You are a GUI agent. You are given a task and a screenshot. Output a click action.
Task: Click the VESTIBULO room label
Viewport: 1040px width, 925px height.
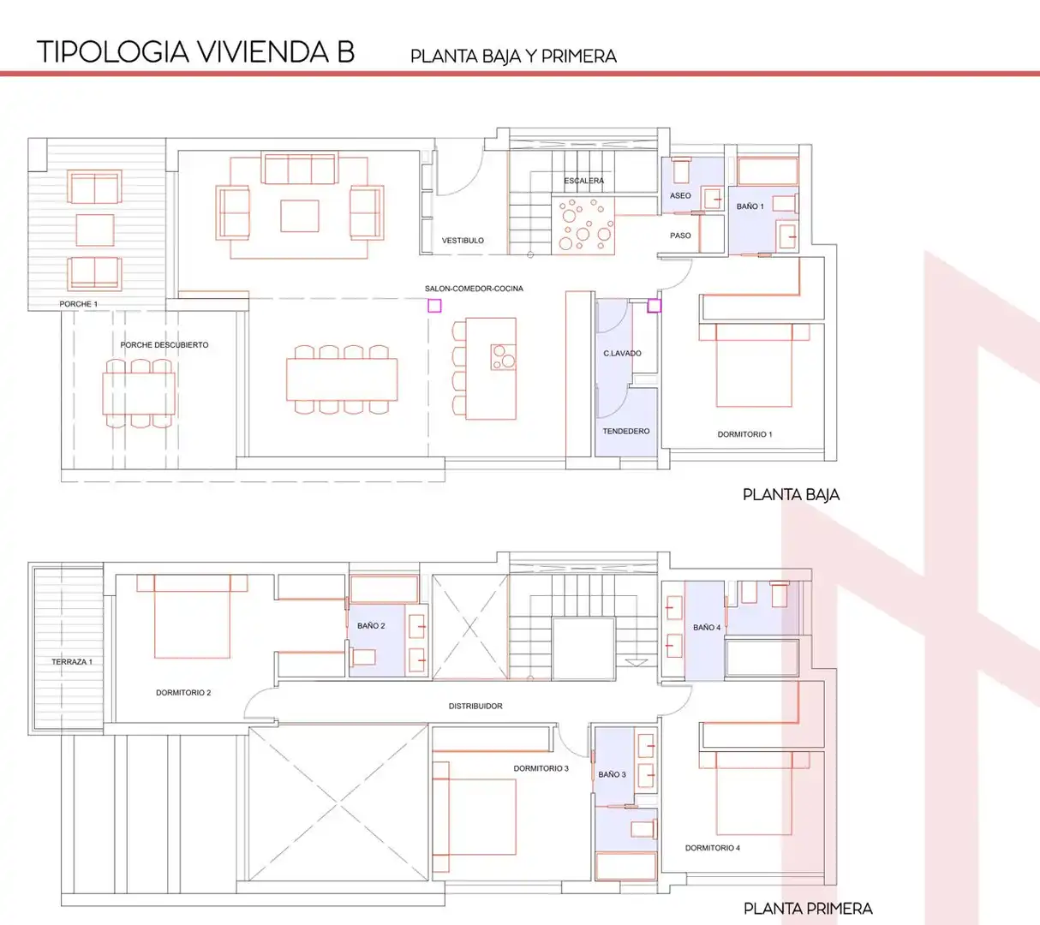[x=463, y=240]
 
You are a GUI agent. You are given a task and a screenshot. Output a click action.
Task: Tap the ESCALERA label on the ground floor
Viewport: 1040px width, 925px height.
[x=583, y=181]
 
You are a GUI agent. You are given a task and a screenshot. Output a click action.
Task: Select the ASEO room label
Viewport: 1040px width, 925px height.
[x=680, y=195]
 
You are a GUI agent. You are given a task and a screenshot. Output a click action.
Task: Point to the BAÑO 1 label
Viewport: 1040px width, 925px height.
[x=750, y=206]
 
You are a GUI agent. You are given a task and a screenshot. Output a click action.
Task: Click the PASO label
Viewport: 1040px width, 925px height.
[x=680, y=236]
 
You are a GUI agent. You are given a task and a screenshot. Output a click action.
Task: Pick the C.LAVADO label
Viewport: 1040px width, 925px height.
[x=622, y=353]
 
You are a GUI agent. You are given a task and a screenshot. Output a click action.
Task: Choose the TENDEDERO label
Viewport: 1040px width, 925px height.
[x=625, y=431]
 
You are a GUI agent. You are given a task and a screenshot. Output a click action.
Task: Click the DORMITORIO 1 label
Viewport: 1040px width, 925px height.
[x=744, y=434]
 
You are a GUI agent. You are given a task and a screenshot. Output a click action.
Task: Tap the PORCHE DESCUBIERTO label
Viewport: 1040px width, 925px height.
[x=164, y=345]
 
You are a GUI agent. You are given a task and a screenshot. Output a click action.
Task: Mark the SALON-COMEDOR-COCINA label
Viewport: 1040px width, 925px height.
[x=474, y=289]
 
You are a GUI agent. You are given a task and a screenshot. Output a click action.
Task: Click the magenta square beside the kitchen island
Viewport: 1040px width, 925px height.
[x=434, y=306]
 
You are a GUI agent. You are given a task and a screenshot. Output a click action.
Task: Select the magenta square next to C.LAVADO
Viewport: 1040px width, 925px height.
[x=654, y=306]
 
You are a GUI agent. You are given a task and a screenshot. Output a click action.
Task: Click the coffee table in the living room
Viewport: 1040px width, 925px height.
[x=300, y=216]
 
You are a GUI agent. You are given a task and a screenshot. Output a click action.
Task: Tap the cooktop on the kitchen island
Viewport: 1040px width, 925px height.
[x=503, y=357]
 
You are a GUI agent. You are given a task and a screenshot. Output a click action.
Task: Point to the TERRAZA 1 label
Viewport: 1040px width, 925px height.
[x=72, y=662]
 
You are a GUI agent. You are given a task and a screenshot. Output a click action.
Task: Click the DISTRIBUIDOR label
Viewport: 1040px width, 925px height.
[x=475, y=707]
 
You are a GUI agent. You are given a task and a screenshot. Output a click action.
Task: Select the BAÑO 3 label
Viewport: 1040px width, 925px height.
[x=612, y=774]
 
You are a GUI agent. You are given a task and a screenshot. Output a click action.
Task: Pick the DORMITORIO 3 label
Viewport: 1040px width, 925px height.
[x=541, y=768]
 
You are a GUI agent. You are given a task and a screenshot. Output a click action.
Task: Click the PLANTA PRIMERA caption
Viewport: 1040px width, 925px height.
[x=808, y=909]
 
